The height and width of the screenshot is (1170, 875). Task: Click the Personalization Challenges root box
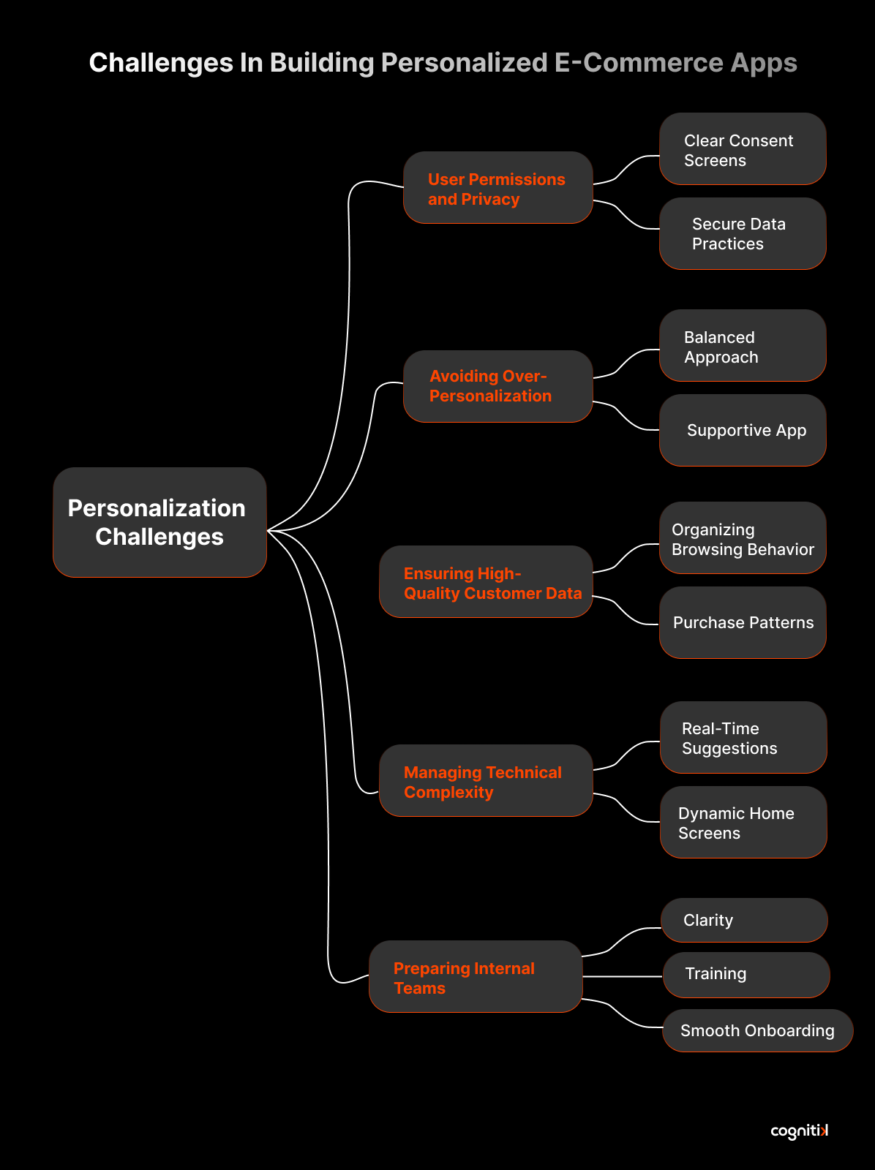tap(159, 522)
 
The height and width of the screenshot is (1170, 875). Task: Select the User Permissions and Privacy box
tap(497, 188)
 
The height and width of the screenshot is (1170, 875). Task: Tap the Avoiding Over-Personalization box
tap(497, 386)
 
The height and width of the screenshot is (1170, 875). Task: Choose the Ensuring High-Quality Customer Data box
tap(486, 582)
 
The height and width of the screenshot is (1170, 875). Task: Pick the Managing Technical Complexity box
tap(486, 781)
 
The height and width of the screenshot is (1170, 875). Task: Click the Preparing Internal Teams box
tap(476, 977)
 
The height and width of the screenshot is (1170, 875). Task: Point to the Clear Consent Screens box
tap(743, 149)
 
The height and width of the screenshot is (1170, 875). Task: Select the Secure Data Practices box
tap(743, 234)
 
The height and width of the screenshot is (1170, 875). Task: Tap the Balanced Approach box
tap(743, 346)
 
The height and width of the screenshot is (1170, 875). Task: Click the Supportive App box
tap(743, 431)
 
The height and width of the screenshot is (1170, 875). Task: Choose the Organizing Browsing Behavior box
tap(743, 538)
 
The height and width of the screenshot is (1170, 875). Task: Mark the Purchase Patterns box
tap(743, 623)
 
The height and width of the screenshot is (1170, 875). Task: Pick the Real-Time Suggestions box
tap(743, 738)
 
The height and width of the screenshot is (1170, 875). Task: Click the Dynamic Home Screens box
tap(743, 823)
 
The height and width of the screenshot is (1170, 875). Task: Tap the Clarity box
tap(744, 921)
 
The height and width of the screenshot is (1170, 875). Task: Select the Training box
tap(746, 975)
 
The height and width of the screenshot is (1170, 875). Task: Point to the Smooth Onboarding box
tap(757, 1031)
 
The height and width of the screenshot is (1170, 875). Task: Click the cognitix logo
tap(799, 1131)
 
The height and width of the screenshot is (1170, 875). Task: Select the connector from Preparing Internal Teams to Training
tap(623, 976)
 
